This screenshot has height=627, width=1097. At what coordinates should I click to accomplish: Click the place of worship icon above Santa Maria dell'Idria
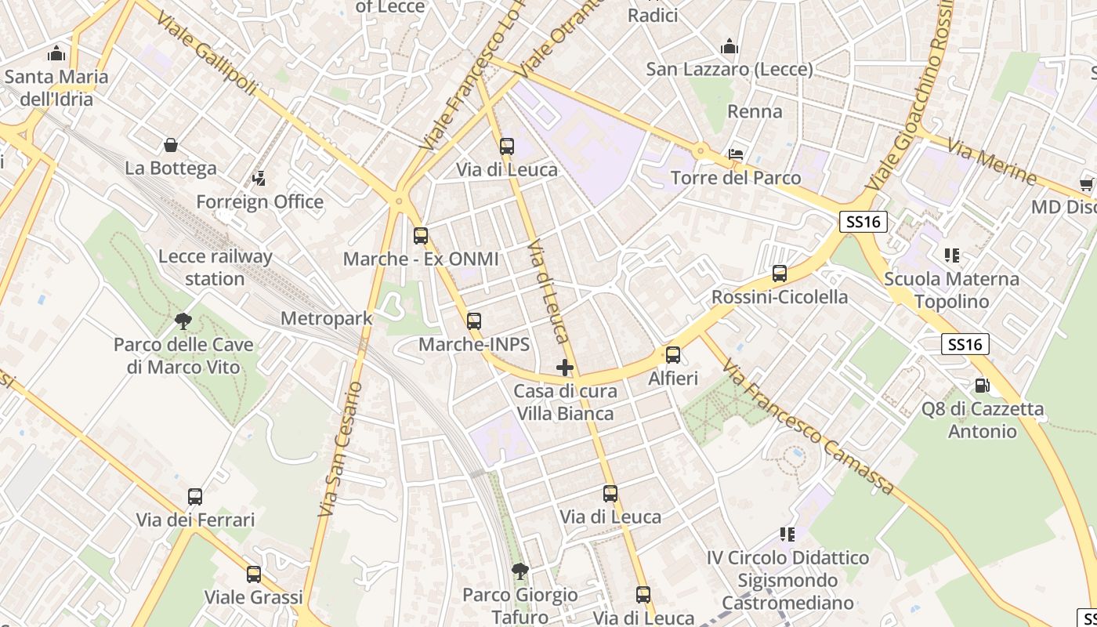tap(56, 54)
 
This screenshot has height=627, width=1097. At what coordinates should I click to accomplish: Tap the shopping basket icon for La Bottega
tap(171, 145)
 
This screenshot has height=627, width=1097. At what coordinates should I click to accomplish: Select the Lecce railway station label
tap(215, 267)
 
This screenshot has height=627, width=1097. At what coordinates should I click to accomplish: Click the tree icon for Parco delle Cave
tap(183, 321)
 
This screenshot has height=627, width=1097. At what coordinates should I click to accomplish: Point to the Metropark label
tap(326, 319)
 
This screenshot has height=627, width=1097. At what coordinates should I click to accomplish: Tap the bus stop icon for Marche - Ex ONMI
tap(421, 236)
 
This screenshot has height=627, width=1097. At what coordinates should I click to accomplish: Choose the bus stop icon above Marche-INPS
tap(474, 321)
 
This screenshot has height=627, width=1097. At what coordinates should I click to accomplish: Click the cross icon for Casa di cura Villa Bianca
tap(565, 367)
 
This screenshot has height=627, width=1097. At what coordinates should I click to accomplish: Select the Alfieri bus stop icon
tap(673, 355)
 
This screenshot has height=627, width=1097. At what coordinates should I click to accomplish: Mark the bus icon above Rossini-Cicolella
tap(780, 274)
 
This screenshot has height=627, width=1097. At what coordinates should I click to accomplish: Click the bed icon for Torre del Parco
tap(736, 154)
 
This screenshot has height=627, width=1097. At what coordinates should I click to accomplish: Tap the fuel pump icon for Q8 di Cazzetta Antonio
tap(982, 386)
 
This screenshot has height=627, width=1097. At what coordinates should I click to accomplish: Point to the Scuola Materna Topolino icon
tap(952, 256)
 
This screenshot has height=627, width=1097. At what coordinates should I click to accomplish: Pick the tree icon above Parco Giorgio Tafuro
tap(520, 571)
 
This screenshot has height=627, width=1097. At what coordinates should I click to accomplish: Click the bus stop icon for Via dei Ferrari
tap(195, 497)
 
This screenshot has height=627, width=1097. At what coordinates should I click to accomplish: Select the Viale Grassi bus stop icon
tap(254, 574)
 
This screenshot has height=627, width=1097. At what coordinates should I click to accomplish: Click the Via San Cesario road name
tap(341, 448)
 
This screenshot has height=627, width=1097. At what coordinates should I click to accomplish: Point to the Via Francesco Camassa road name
tap(808, 428)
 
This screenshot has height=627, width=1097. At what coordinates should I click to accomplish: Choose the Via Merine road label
tap(991, 161)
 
